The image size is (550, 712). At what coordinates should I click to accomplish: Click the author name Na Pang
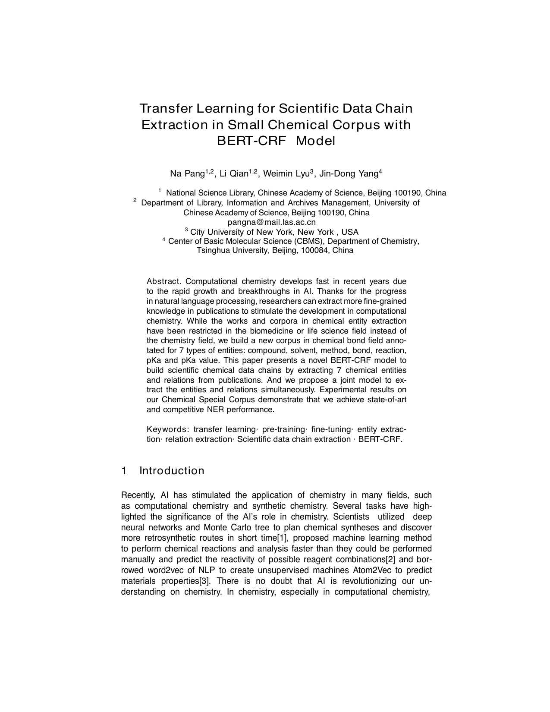(187, 174)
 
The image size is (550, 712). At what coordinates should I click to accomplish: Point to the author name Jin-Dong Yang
(348, 174)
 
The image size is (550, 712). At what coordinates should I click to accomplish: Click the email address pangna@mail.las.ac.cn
(272, 222)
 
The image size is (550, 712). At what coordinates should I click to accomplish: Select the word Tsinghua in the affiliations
(212, 250)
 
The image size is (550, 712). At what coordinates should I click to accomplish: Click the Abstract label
(163, 282)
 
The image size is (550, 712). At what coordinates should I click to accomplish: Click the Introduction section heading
(172, 471)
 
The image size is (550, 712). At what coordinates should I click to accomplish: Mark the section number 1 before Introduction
(124, 471)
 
